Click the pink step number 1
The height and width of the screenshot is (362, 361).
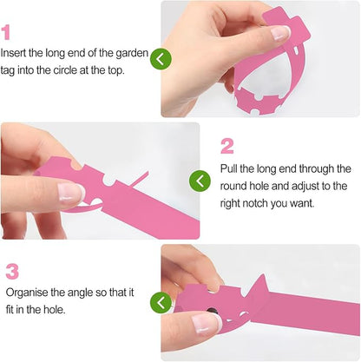click(x=6, y=32)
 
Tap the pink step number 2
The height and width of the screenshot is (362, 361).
click(x=227, y=147)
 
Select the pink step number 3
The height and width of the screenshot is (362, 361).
click(x=12, y=272)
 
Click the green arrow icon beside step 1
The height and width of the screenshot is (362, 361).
click(x=161, y=59)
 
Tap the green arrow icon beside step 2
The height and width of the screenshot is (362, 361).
click(x=200, y=181)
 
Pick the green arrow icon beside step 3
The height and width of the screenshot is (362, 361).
click(x=161, y=303)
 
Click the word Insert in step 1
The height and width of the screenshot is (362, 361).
click(x=13, y=53)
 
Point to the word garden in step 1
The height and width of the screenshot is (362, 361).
click(x=132, y=54)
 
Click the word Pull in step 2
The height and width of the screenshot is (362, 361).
click(x=228, y=168)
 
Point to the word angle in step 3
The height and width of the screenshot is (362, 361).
click(x=81, y=293)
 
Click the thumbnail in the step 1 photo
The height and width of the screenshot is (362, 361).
click(x=280, y=32)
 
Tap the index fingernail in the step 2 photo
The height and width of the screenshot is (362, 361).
click(x=71, y=192)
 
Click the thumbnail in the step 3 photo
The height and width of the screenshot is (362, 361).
click(x=206, y=323)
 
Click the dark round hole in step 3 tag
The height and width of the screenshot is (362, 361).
click(x=213, y=310)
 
